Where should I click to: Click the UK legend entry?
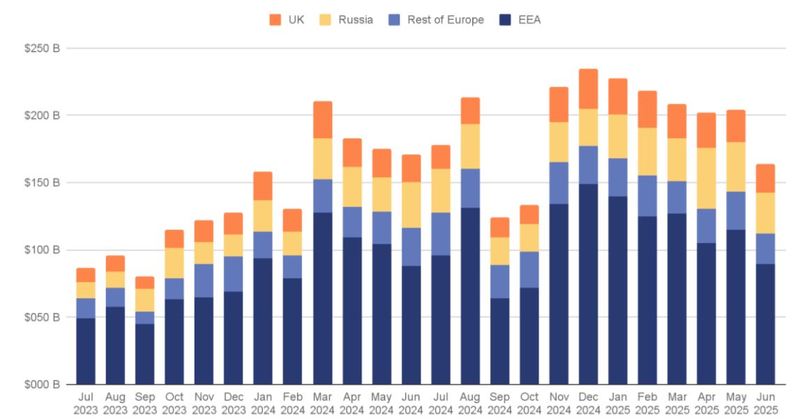[287, 20]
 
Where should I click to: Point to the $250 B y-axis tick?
[44, 48]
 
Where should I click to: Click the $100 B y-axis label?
[44, 250]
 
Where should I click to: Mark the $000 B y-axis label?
[44, 385]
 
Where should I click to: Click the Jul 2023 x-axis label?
[86, 404]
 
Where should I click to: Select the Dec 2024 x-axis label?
[588, 404]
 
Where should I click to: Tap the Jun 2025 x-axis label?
[765, 404]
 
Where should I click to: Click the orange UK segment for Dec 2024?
[588, 89]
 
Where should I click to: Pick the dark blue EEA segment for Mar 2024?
[322, 298]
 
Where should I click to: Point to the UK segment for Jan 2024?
[263, 186]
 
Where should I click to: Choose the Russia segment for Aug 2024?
[470, 146]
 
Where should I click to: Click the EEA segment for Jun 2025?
[765, 324]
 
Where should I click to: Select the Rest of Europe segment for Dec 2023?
[234, 274]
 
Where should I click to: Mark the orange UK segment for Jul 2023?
[86, 274]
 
